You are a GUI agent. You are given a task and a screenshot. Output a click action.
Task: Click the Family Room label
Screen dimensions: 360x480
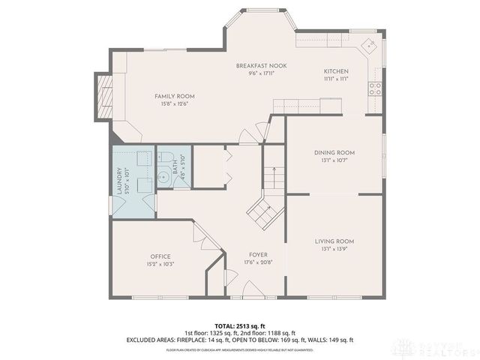(175, 96)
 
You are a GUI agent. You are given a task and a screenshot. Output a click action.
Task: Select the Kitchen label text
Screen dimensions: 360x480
(335, 70)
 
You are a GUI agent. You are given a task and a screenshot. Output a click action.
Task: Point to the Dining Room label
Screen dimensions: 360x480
(334, 152)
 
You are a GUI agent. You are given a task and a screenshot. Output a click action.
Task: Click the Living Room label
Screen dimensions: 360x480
(334, 241)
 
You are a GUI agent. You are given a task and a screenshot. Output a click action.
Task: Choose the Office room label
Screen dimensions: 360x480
(160, 256)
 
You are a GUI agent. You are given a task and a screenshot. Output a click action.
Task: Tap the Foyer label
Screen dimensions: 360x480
(256, 256)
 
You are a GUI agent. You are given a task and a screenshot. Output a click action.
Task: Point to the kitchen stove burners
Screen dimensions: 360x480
(375, 88)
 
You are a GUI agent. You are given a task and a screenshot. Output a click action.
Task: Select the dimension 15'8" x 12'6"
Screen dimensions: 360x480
(175, 104)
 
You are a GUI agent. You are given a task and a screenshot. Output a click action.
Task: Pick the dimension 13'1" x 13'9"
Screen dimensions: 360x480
(334, 249)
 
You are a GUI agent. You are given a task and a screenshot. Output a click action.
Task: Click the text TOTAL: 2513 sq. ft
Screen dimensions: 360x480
(239, 325)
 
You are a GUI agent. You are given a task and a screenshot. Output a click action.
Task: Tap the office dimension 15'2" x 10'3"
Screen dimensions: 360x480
(160, 265)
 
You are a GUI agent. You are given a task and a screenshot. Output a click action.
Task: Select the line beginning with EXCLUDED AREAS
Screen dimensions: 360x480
(239, 340)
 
